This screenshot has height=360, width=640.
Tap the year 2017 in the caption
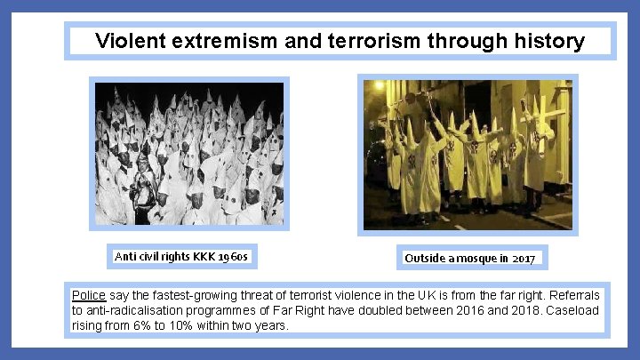[524, 259]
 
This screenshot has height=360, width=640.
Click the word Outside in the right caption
[425, 259]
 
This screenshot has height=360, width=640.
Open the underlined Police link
[88, 295]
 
